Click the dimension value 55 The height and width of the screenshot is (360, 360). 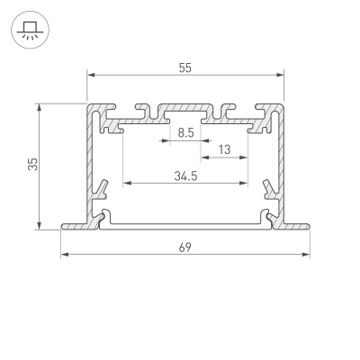pyautogui.click(x=184, y=67)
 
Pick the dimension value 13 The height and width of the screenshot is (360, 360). pyautogui.click(x=224, y=148)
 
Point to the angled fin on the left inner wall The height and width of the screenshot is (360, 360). pyautogui.click(x=103, y=190)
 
